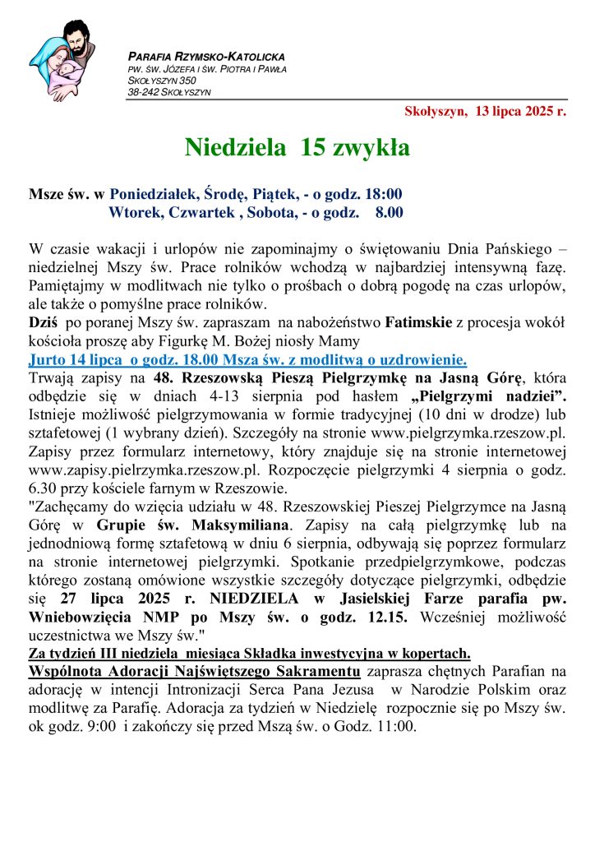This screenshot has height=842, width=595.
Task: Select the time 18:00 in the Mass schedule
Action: (x=383, y=195)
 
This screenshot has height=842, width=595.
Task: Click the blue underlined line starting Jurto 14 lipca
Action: (x=247, y=359)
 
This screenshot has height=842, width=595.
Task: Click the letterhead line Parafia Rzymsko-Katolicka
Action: (x=206, y=57)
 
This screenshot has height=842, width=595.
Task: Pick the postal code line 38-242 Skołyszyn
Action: (x=168, y=92)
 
